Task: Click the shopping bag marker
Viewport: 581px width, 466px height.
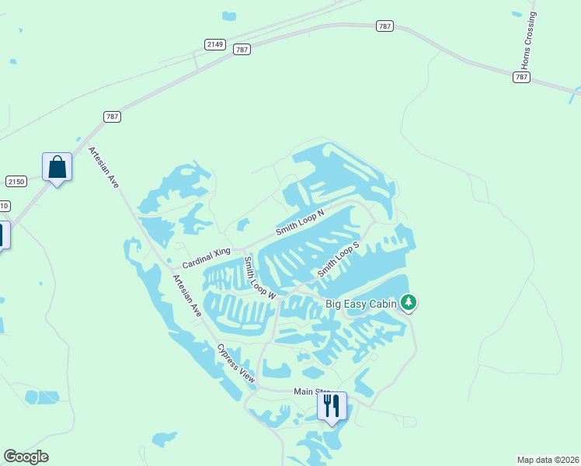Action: [57, 167]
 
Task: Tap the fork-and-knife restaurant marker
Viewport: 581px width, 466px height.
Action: [332, 406]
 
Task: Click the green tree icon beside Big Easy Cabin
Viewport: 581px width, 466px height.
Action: [409, 303]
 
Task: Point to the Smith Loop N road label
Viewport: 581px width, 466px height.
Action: [299, 221]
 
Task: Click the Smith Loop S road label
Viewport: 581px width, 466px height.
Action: [338, 260]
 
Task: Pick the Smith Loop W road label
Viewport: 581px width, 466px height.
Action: [259, 278]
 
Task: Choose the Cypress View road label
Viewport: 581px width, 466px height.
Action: [236, 363]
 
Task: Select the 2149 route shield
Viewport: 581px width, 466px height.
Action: [215, 44]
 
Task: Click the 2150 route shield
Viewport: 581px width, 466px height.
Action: [16, 181]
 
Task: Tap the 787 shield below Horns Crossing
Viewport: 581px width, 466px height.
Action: [521, 77]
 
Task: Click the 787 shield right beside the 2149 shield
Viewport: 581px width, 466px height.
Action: [242, 49]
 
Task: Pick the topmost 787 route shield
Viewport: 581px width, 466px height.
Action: [384, 26]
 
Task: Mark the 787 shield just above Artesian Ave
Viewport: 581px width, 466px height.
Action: [112, 116]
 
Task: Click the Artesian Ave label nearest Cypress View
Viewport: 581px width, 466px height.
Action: [187, 296]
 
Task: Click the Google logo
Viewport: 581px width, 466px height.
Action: [26, 456]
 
